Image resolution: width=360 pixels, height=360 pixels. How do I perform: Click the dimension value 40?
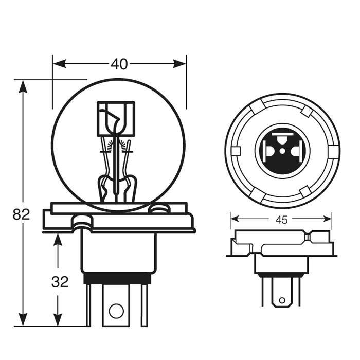pos(119,64)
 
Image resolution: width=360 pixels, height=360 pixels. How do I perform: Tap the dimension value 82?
pos(22,214)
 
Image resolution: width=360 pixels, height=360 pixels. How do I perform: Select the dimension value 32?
pos(60,281)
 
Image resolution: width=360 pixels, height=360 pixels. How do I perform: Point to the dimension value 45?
pos(281,220)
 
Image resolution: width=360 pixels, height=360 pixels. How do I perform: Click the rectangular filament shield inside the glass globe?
pos(116,119)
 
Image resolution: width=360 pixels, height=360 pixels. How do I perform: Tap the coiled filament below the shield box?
pos(117,147)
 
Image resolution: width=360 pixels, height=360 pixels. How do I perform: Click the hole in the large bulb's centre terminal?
pos(117,311)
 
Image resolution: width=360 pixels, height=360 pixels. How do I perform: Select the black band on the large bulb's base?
pos(117,279)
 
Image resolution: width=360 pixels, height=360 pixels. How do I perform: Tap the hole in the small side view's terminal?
pos(281,300)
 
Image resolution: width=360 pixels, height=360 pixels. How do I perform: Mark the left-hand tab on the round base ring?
pos(236,151)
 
